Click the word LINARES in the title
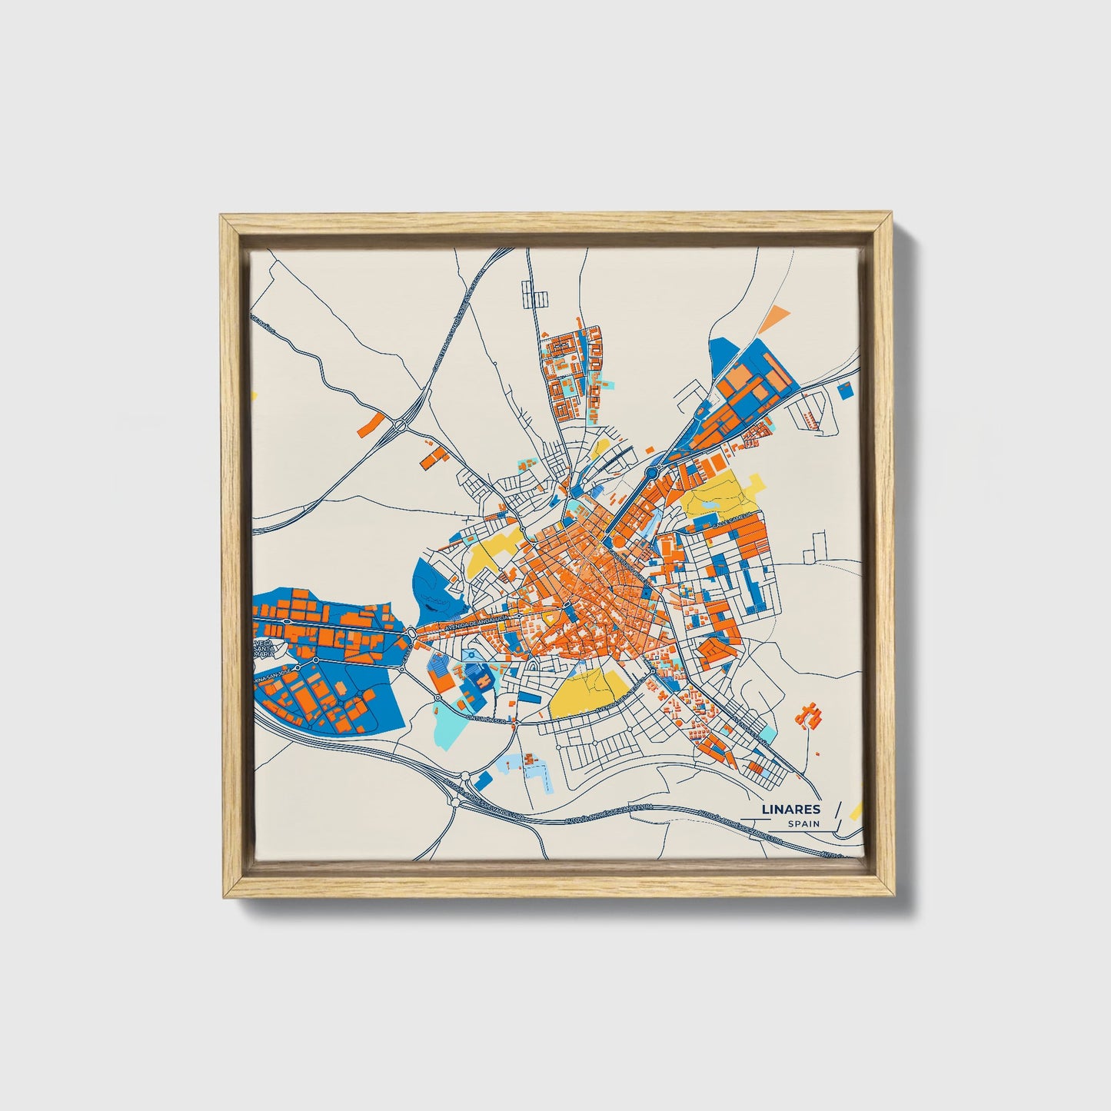[x=790, y=809]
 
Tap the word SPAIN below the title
[x=803, y=824]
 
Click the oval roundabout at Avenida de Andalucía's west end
[x=412, y=632]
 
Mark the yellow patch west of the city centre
[x=490, y=554]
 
